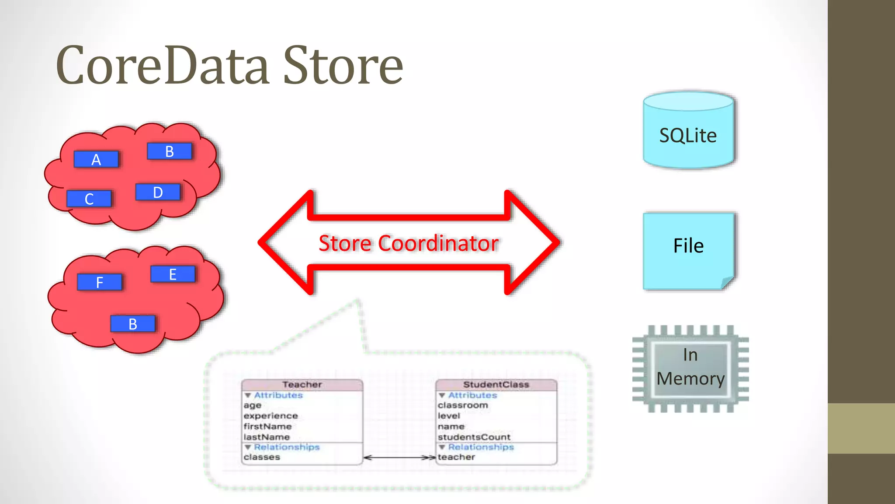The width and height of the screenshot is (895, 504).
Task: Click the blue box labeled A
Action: tap(96, 159)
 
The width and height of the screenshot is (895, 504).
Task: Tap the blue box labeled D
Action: tap(158, 192)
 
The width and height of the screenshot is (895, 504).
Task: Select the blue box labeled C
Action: tap(89, 199)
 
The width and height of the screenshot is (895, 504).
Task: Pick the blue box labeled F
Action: tap(100, 282)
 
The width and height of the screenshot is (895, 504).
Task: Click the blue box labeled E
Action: tap(173, 274)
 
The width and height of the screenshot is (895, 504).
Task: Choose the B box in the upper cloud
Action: tap(170, 151)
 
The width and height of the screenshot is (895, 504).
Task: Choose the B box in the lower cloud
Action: tap(133, 324)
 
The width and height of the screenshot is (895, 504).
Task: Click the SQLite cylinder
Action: tap(688, 131)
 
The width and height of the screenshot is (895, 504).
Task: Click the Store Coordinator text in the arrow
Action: tap(408, 243)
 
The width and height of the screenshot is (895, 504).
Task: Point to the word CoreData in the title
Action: tap(162, 66)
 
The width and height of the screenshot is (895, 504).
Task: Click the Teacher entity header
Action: tap(302, 385)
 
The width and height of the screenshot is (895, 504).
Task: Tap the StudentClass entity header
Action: tap(496, 385)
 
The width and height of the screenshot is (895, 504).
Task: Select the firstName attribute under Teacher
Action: tap(267, 427)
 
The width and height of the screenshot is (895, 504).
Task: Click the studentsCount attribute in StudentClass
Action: tap(474, 437)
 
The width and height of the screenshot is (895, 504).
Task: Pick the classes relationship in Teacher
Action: tap(262, 457)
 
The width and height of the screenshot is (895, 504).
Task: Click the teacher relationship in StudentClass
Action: tap(456, 457)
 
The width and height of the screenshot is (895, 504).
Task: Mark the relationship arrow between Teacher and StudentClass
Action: tap(399, 458)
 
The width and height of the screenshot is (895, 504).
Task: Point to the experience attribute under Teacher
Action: tap(271, 416)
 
